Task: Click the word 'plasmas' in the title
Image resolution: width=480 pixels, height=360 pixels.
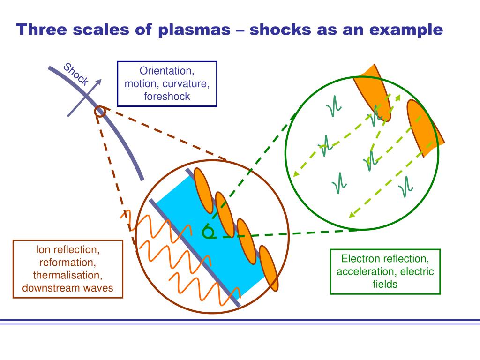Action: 194,30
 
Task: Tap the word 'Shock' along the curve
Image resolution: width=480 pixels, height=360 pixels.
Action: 76,75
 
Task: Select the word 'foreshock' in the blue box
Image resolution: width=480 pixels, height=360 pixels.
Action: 167,97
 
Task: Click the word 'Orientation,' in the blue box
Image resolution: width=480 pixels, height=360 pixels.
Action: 167,71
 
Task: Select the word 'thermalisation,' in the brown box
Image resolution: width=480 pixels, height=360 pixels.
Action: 67,275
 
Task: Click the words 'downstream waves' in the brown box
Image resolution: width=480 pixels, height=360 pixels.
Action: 67,288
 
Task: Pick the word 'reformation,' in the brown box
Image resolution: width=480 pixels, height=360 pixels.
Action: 67,262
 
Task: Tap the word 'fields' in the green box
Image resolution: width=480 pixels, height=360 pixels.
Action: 385,284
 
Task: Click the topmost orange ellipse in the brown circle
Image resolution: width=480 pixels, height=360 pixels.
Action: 203,190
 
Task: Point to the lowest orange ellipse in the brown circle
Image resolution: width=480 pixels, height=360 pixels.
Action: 269,268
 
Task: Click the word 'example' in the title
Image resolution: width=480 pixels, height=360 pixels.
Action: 406,30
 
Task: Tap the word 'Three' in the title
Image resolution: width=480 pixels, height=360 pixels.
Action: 42,30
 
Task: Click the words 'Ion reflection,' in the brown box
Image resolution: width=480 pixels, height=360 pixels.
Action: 67,249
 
